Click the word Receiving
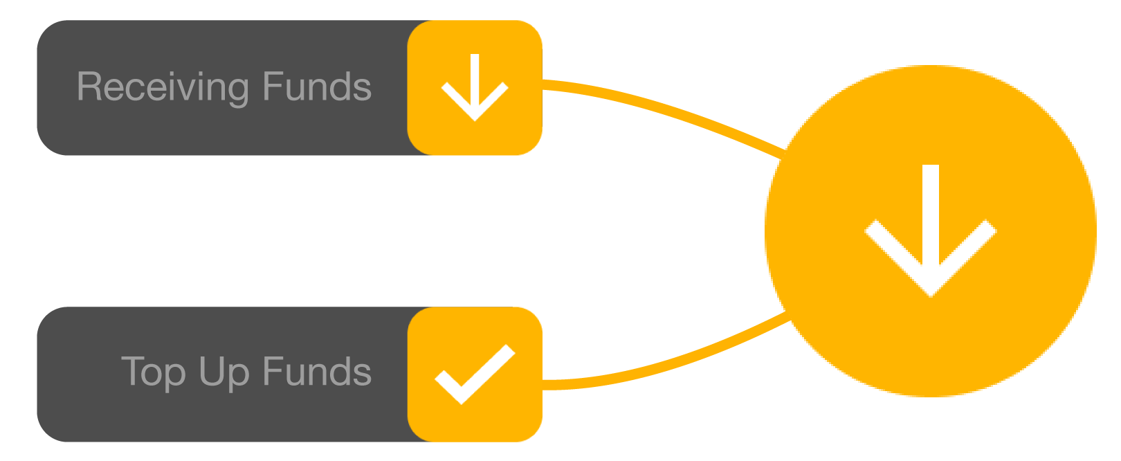pyautogui.click(x=163, y=87)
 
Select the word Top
pyautogui.click(x=154, y=372)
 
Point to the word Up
pyautogui.click(x=224, y=372)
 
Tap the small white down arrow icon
pyautogui.click(x=475, y=87)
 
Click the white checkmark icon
pyautogui.click(x=475, y=374)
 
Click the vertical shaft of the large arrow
pyautogui.click(x=931, y=208)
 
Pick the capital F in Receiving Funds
pyautogui.click(x=272, y=87)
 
